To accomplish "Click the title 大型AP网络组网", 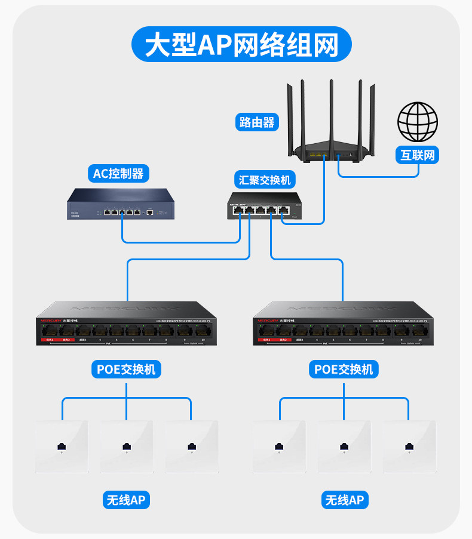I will point(242,44).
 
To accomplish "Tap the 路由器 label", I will point(257,122).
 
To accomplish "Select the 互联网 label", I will point(418,155).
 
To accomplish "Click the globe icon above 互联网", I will point(418,121).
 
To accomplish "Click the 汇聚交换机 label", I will point(265,180).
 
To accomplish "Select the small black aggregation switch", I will point(265,207).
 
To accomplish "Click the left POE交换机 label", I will point(126,369).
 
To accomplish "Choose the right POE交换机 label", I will point(344,369).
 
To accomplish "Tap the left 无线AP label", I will point(125,500).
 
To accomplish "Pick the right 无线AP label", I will point(344,500).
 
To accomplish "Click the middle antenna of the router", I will point(330,110).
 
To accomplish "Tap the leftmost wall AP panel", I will point(61,446).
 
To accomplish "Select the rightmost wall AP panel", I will point(409,446).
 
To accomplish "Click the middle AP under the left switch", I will point(126,446).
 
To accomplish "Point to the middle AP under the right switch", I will point(344,446).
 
